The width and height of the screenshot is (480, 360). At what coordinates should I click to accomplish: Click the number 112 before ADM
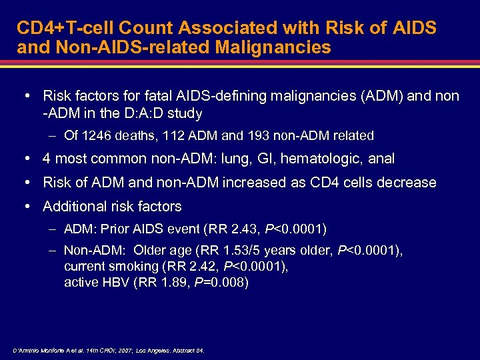pyautogui.click(x=176, y=135)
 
